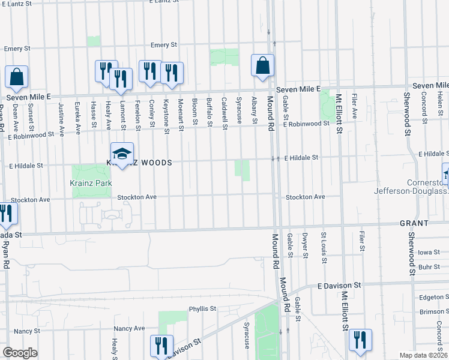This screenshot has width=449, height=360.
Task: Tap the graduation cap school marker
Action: tap(122, 154)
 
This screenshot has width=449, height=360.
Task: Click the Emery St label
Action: tap(164, 44)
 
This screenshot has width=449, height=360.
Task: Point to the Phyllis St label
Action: tap(202, 309)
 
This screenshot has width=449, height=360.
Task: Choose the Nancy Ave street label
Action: tap(130, 328)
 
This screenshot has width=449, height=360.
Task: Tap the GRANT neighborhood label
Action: tap(414, 223)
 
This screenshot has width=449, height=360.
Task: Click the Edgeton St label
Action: tap(430, 297)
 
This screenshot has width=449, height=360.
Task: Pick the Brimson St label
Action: tap(430, 311)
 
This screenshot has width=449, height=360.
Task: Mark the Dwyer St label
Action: tap(305, 246)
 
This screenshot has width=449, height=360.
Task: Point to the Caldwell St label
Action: tap(224, 113)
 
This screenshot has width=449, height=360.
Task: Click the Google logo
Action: tap(20, 353)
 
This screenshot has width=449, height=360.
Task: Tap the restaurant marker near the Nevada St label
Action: tap(5, 215)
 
